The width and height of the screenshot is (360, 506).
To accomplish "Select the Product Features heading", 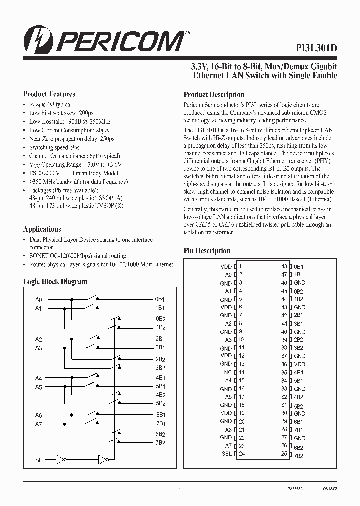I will (x=49, y=94).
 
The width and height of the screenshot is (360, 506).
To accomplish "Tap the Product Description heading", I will (x=214, y=94).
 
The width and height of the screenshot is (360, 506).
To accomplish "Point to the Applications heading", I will (x=42, y=229).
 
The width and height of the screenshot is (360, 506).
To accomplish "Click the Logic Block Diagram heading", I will (x=55, y=281).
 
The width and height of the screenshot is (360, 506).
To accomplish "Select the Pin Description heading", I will (x=207, y=251).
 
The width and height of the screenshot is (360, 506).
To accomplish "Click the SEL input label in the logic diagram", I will (x=40, y=459).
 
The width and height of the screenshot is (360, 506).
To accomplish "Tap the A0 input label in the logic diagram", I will (x=39, y=300).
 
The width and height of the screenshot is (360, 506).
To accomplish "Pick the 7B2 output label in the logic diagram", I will (x=160, y=443).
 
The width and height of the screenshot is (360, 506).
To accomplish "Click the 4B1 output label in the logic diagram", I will (x=160, y=378).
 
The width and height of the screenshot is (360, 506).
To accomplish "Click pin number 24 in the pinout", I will (x=241, y=454).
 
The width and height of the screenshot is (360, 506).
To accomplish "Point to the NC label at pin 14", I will (x=228, y=372).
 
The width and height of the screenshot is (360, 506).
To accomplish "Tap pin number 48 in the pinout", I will (x=284, y=267).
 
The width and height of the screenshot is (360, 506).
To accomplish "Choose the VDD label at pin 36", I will (x=299, y=364).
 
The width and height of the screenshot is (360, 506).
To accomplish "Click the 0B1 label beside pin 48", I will (x=299, y=267).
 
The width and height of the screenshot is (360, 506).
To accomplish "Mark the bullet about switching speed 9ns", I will (x=54, y=147).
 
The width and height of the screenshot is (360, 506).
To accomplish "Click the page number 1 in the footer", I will (x=179, y=491).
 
